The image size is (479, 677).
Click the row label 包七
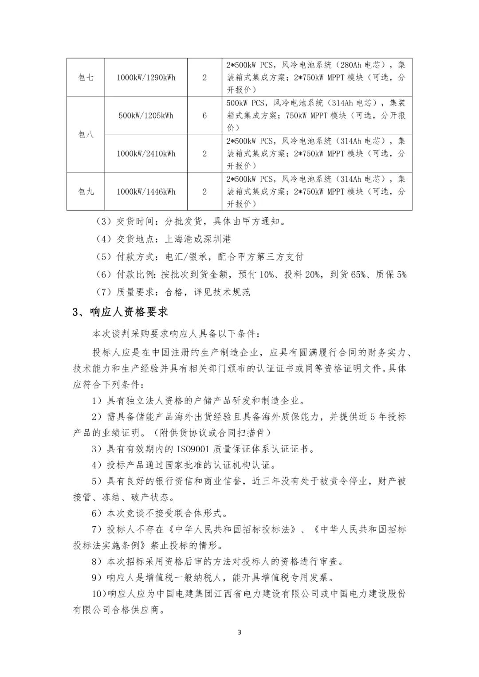pos(86,78)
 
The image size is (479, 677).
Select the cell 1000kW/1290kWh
pos(146,78)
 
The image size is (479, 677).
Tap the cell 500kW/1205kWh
pos(146,116)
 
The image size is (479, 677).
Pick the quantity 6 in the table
pos(204,116)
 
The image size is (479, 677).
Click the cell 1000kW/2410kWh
pos(146,154)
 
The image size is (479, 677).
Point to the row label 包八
pos(86,135)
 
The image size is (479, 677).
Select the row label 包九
pos(86,192)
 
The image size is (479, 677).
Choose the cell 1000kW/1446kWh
pos(146,192)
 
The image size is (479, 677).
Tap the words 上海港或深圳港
pos(198,239)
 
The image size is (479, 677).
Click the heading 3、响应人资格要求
pos(120,312)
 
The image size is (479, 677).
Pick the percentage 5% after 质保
pos(401,275)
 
